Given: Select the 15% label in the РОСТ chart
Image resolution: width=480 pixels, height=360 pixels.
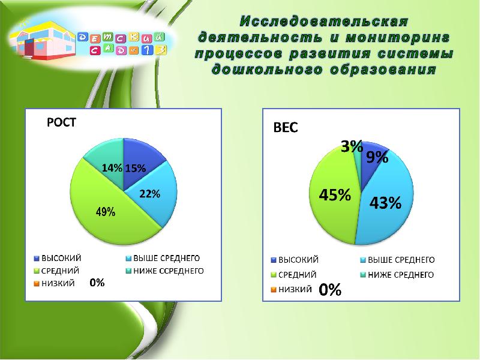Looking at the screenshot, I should tap(135, 169).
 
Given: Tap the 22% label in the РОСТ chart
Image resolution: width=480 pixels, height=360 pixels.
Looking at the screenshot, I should tap(149, 194).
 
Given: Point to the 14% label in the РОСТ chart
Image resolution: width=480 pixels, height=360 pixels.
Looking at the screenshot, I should tap(112, 169).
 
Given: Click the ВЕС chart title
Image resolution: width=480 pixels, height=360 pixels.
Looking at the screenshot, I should tap(286, 128).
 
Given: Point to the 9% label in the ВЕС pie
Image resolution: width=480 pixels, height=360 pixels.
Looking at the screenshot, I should tap(377, 157).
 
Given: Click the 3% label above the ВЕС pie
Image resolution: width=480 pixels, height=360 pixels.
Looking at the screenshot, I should tap(352, 145).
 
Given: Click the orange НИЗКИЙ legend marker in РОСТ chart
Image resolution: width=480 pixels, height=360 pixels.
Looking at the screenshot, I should tap(37, 283).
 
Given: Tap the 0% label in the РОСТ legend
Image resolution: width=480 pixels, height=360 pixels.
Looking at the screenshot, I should tap(97, 282).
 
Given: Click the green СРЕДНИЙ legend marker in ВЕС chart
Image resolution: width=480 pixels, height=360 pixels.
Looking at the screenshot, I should tap(275, 275).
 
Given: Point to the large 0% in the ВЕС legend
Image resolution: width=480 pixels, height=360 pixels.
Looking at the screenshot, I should tap(329, 290).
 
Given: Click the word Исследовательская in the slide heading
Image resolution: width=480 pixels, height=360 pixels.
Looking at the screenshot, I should tap(324, 22).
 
